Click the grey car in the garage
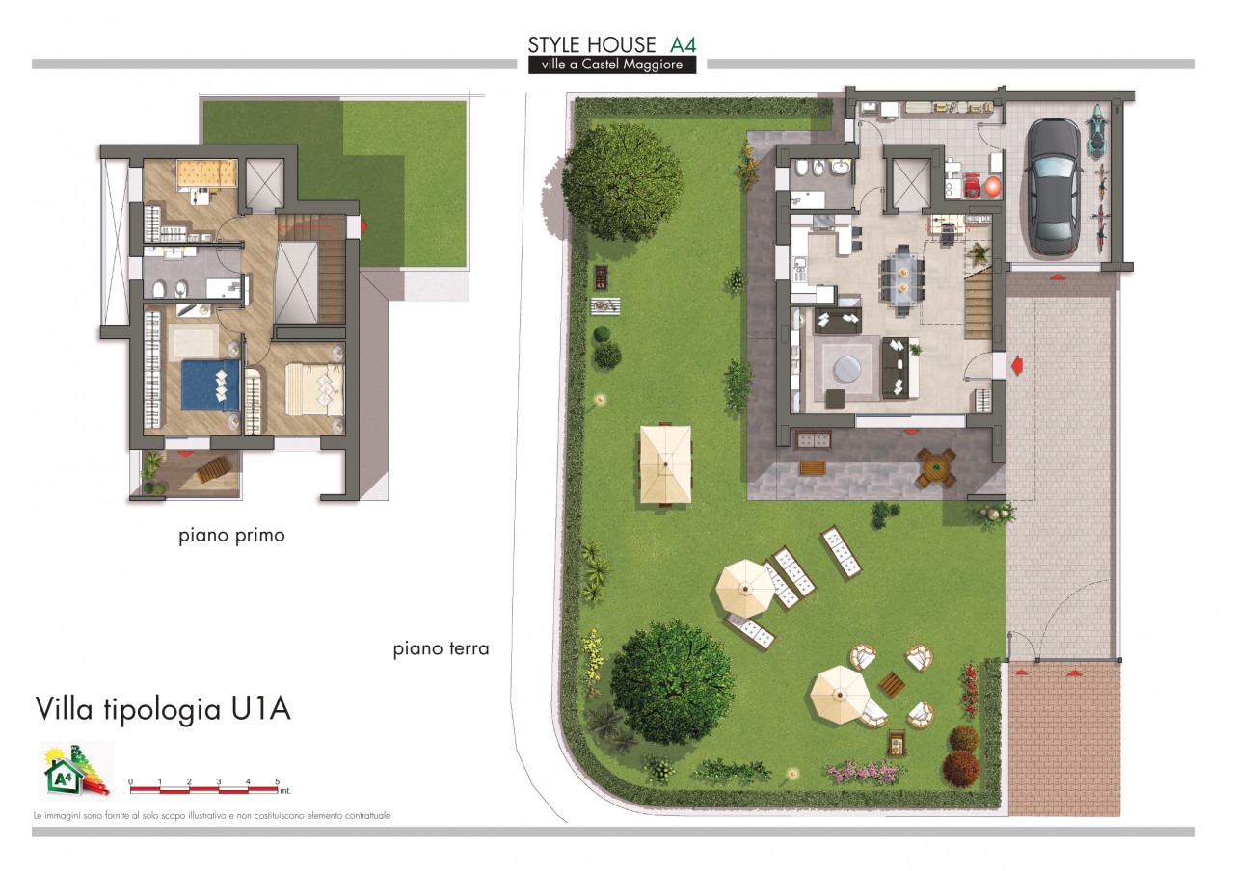1052,186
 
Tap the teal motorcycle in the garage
1096,130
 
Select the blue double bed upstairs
210,384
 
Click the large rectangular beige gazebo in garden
665,464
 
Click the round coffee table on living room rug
846,369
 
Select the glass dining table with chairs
903,279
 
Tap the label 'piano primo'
231,536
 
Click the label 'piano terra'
441,648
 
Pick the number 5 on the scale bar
277,781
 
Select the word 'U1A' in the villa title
260,708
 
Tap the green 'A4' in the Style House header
684,44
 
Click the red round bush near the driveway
961,769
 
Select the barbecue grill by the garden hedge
601,277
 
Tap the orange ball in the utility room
993,187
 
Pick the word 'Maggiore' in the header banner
654,65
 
